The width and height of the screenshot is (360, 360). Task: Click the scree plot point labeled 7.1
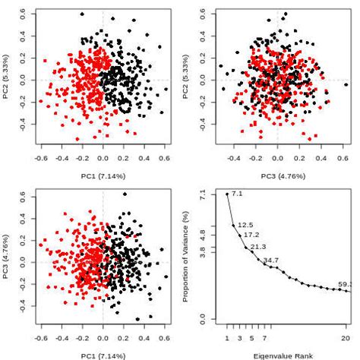(x=227, y=194)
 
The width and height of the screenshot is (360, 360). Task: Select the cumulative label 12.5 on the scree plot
(x=245, y=225)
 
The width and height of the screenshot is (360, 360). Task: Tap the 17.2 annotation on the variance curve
(x=251, y=235)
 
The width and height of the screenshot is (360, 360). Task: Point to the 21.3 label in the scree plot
(x=258, y=247)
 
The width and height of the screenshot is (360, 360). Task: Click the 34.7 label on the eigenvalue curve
(x=271, y=261)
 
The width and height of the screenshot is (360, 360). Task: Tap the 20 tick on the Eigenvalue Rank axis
(x=346, y=337)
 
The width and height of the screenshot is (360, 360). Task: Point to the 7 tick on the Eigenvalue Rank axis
(x=264, y=337)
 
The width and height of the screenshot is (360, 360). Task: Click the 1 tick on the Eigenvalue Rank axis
(x=226, y=337)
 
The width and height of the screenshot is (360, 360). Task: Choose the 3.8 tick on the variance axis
(x=202, y=248)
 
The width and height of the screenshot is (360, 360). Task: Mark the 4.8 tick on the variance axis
(x=202, y=233)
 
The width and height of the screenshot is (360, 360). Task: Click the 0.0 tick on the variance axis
(x=202, y=317)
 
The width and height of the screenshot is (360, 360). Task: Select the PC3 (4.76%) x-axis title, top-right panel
(x=279, y=175)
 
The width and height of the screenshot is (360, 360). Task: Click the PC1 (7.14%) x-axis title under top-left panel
(x=103, y=175)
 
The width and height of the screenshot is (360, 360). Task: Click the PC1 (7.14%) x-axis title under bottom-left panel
(x=103, y=355)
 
